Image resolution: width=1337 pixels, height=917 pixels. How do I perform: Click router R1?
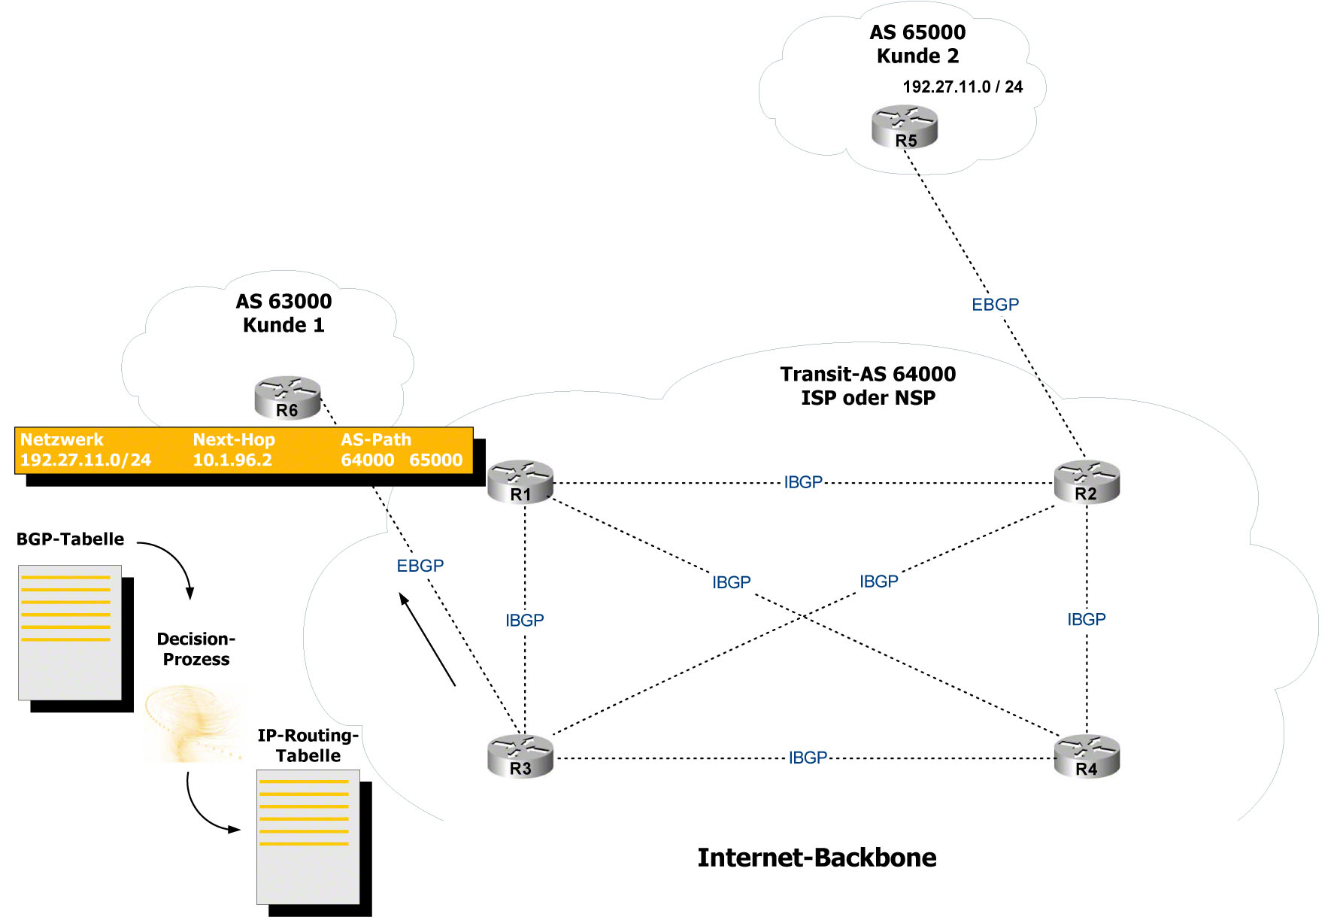(520, 481)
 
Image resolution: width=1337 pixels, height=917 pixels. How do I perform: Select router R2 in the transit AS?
(1087, 481)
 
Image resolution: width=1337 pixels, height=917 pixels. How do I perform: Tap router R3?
(520, 756)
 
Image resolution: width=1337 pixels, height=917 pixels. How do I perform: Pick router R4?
(1087, 756)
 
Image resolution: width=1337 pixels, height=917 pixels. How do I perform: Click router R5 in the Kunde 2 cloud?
(905, 126)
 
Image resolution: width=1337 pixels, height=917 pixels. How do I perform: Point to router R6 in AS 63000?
(287, 397)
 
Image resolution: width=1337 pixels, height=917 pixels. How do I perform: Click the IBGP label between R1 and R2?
(803, 482)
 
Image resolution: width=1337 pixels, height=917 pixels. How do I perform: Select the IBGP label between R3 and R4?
(808, 758)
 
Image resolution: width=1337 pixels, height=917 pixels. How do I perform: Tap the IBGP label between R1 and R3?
(524, 620)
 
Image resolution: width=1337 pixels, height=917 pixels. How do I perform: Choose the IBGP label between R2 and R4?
(1086, 619)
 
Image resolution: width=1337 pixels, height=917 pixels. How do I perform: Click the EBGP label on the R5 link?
(995, 305)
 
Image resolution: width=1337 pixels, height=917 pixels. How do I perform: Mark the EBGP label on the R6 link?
(420, 566)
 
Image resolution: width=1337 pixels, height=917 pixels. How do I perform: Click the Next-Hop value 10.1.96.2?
(232, 460)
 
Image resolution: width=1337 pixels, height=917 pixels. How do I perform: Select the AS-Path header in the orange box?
(376, 439)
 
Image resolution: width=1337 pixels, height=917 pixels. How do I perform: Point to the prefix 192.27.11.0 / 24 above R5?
(962, 87)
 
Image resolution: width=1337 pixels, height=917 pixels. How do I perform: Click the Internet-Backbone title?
(817, 858)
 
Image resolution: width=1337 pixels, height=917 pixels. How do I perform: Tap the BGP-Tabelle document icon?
(70, 633)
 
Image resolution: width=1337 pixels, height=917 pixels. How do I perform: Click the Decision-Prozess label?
(196, 648)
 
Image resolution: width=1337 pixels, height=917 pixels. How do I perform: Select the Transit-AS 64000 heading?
(868, 374)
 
